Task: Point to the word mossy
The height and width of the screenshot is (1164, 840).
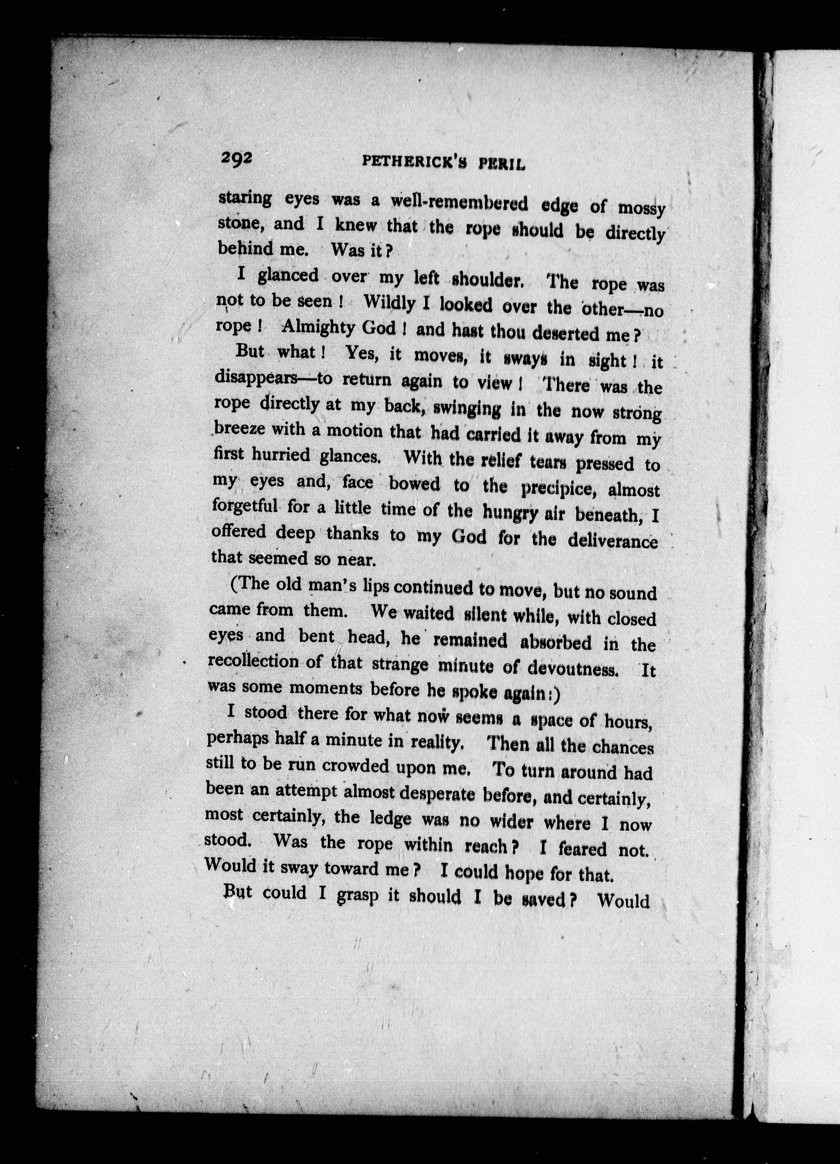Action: click(x=641, y=209)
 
